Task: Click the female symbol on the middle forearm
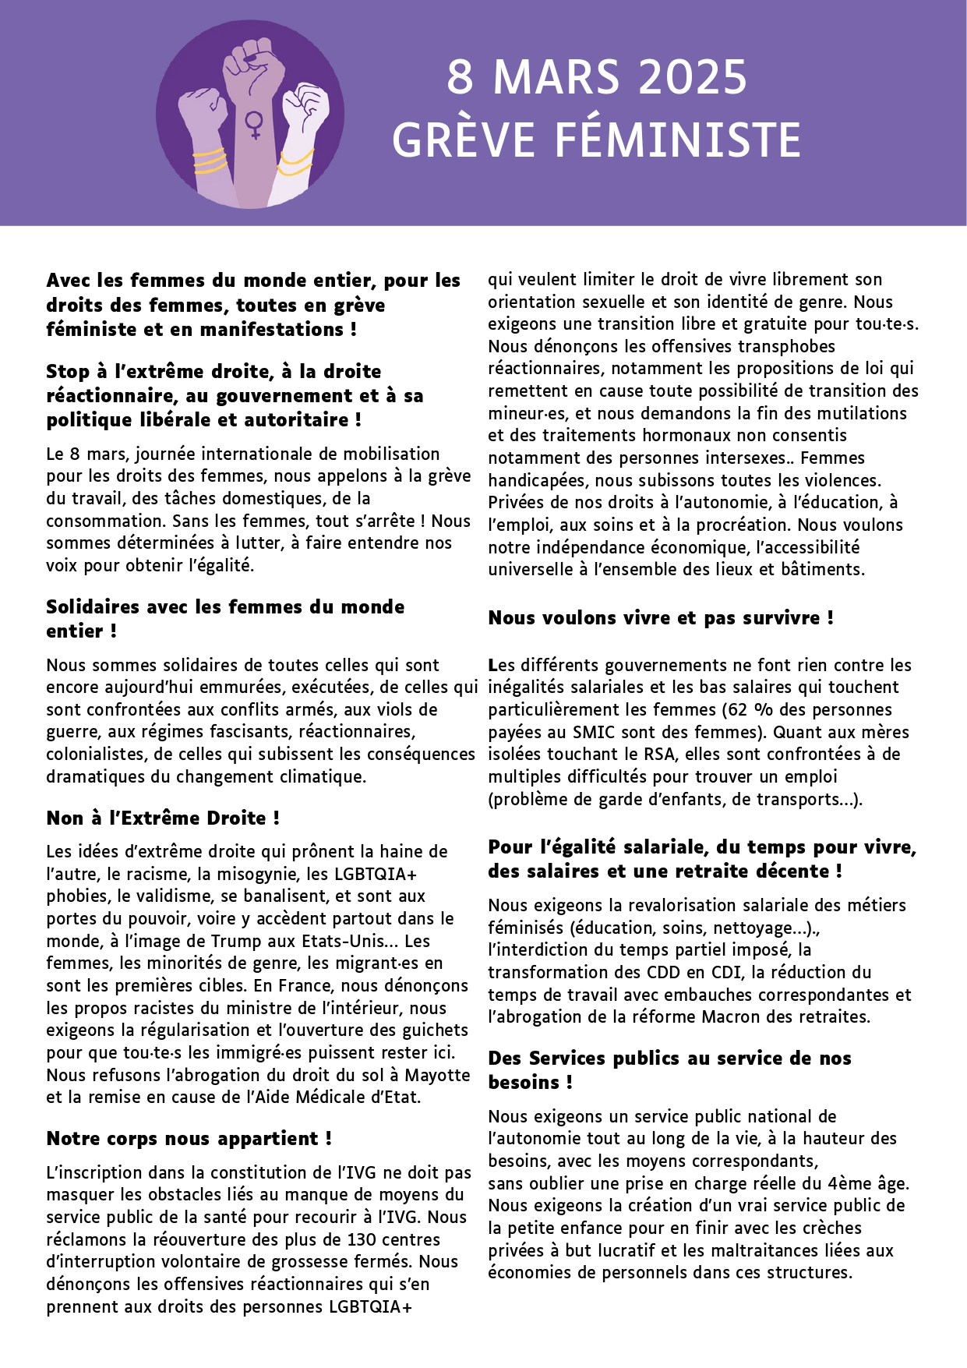[x=253, y=125]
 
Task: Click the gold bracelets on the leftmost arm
[x=209, y=161]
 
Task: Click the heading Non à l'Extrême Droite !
[x=163, y=818]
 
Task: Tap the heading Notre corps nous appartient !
[x=189, y=1138]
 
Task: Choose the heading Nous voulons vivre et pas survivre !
[x=661, y=617]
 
